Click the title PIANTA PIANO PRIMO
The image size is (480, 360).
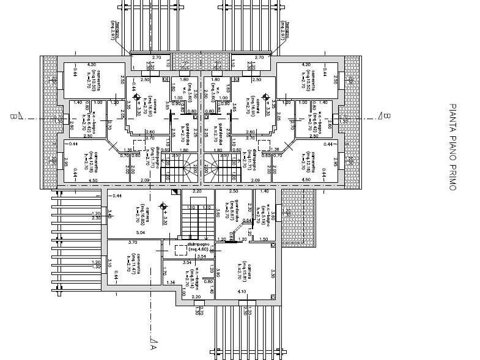click(453, 147)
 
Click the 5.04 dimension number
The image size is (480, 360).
click(140, 233)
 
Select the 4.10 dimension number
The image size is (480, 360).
click(242, 292)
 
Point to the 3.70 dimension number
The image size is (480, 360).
click(132, 243)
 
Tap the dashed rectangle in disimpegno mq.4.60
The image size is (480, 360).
click(180, 249)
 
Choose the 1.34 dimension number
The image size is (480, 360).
click(171, 282)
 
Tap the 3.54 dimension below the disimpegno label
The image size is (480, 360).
click(186, 262)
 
